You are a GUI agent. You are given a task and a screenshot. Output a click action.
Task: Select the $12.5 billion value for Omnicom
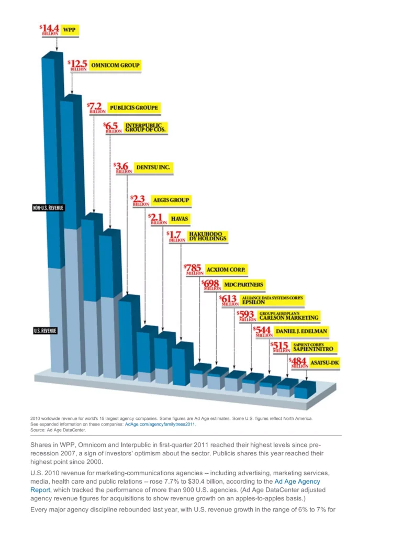click(77, 64)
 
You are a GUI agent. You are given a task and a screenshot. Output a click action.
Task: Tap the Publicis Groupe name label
click(133, 108)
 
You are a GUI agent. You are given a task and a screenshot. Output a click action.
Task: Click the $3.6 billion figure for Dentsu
click(123, 167)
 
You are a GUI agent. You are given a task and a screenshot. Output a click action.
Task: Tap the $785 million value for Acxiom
click(194, 269)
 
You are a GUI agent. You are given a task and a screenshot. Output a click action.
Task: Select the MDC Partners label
click(243, 285)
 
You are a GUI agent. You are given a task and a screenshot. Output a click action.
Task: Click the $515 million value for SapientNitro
click(279, 345)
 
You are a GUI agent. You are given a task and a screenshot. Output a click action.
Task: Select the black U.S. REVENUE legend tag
click(45, 331)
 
